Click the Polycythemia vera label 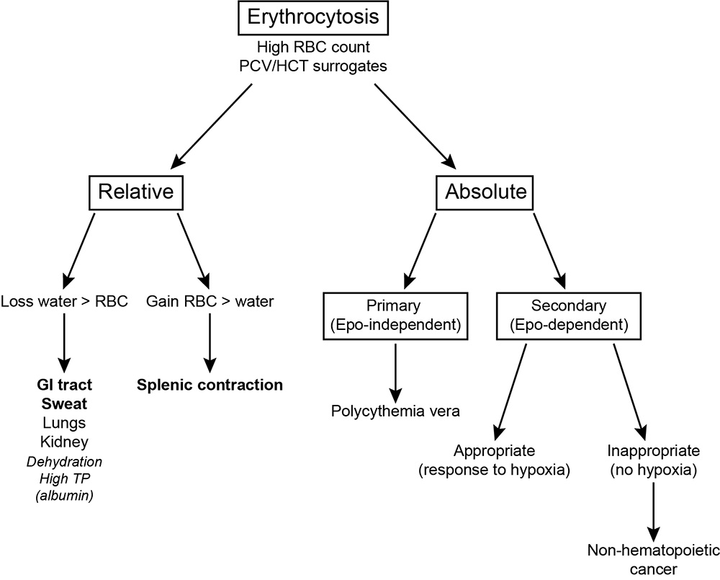pyautogui.click(x=395, y=411)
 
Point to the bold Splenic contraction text pyautogui.click(x=210, y=385)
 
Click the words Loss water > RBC pyautogui.click(x=64, y=301)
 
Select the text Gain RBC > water pyautogui.click(x=210, y=301)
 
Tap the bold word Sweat pyautogui.click(x=64, y=403)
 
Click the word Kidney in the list pyautogui.click(x=64, y=442)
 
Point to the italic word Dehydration pyautogui.click(x=64, y=461)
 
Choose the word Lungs pyautogui.click(x=64, y=423)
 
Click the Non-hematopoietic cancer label pyautogui.click(x=654, y=560)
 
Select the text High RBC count pyautogui.click(x=313, y=47)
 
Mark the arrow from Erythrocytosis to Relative pyautogui.click(x=212, y=125)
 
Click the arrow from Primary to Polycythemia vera pyautogui.click(x=395, y=373)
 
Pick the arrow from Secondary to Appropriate pyautogui.click(x=511, y=392)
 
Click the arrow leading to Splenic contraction pyautogui.click(x=210, y=343)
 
